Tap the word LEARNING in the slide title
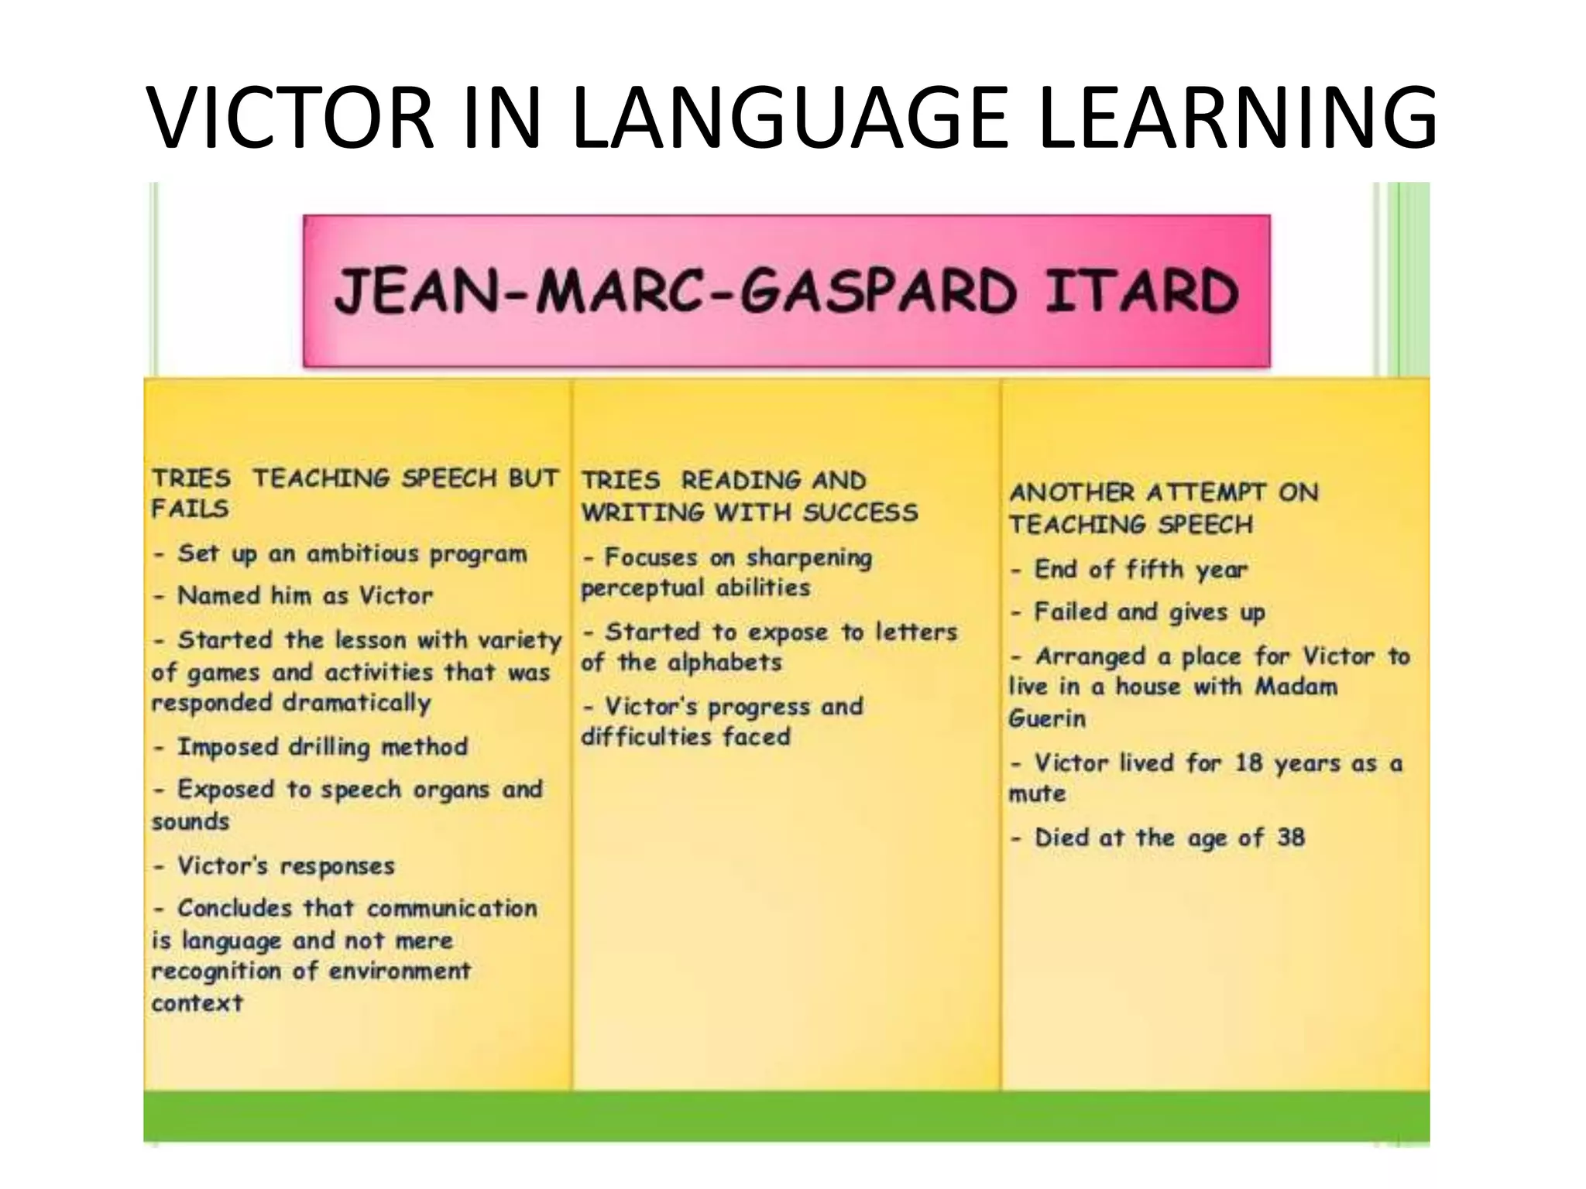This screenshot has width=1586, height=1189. (1238, 118)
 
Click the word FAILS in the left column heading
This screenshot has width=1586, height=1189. (191, 509)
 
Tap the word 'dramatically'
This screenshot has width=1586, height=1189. (356, 703)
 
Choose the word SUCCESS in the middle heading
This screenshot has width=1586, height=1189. (860, 512)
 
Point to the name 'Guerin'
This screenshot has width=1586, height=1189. (1046, 718)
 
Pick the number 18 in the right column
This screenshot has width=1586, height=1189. (1248, 762)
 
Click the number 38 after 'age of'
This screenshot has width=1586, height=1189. (1290, 837)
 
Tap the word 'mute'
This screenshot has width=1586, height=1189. (1037, 793)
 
